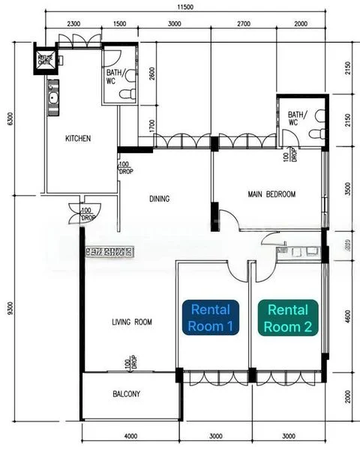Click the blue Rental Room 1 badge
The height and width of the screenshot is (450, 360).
click(211, 317)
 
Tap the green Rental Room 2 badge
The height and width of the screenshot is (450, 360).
click(289, 317)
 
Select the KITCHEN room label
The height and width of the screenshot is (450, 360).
click(78, 139)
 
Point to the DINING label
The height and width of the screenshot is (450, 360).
click(159, 199)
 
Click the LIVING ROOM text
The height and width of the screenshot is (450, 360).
click(132, 322)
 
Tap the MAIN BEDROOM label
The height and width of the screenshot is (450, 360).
click(271, 194)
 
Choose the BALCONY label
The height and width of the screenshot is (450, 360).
click(127, 394)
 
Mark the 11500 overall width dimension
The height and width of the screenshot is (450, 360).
click(185, 7)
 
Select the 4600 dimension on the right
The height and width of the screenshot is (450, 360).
click(348, 316)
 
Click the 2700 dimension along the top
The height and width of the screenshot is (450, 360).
click(244, 24)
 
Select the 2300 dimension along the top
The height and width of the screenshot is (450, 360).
click(73, 24)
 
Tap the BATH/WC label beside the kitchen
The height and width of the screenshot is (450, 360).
click(115, 77)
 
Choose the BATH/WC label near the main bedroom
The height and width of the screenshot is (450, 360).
click(297, 118)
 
